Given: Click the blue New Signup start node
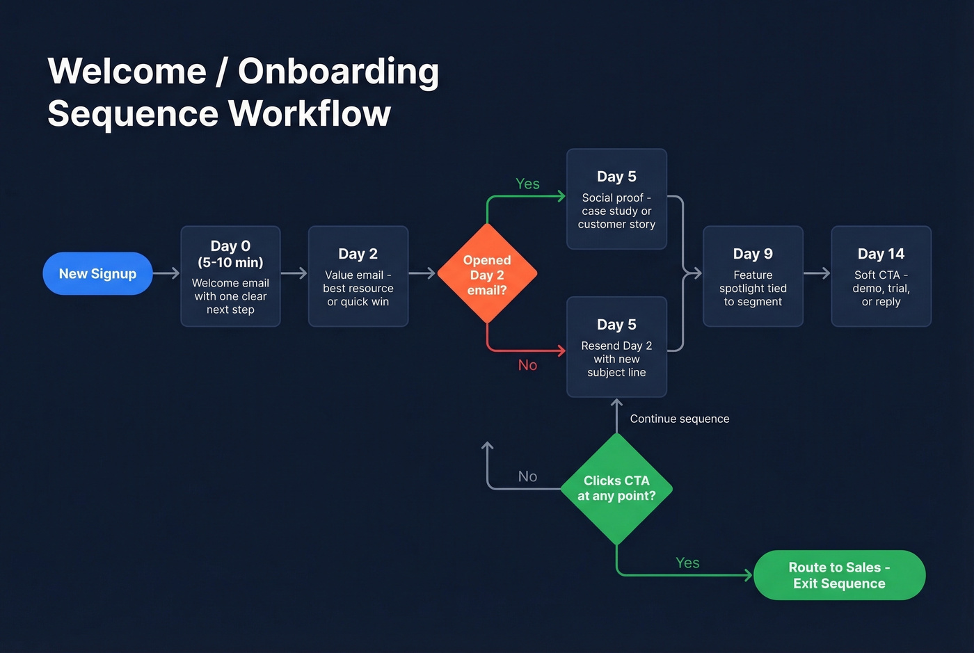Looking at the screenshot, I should (x=97, y=273).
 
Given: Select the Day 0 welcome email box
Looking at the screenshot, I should (x=230, y=276).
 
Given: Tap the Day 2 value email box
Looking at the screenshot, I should (x=358, y=276).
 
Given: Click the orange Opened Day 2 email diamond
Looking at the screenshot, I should (x=487, y=274).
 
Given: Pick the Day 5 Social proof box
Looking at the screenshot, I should (x=616, y=199).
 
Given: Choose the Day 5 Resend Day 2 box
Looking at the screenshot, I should (x=616, y=347).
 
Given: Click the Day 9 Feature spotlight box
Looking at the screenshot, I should (x=753, y=276).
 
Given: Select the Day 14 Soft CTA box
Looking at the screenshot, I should (x=881, y=276).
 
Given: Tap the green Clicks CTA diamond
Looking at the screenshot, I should (x=616, y=488).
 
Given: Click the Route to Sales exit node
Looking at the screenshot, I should (x=839, y=575).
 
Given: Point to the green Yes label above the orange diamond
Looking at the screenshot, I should (x=527, y=184).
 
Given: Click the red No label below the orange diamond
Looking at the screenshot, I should (x=527, y=365).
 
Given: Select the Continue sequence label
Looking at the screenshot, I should (x=679, y=419).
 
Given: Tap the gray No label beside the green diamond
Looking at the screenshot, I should (x=527, y=476).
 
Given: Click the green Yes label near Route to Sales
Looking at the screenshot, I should (x=687, y=563).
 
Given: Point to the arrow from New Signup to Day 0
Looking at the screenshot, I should (x=166, y=273).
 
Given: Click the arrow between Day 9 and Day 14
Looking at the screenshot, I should (x=817, y=273).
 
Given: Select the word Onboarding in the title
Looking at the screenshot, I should (x=338, y=71).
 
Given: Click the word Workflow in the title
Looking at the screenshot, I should (x=310, y=113).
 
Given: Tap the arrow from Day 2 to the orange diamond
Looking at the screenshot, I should (x=422, y=273).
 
